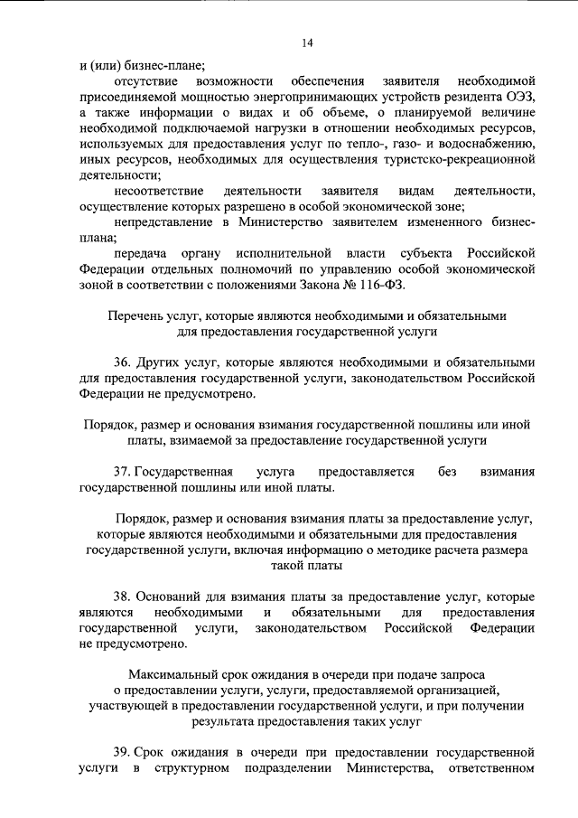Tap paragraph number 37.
tap(125, 472)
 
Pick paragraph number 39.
tap(125, 752)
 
